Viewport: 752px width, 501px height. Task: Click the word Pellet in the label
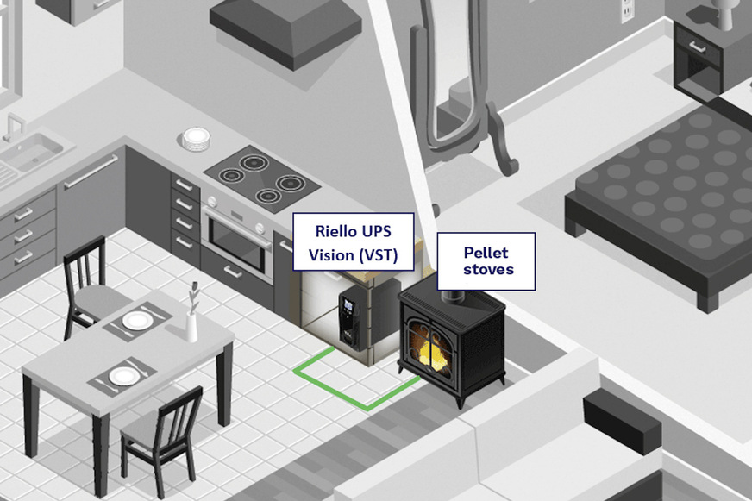(486, 252)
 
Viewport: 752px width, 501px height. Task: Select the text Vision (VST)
(352, 255)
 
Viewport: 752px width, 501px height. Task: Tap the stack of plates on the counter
(197, 140)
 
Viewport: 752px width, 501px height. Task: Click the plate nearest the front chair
(123, 376)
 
